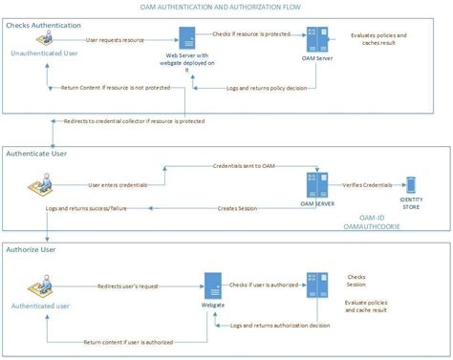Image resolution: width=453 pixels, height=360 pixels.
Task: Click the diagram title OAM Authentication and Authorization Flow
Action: coord(226,7)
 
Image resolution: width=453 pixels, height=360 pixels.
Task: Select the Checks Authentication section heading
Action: coord(44,25)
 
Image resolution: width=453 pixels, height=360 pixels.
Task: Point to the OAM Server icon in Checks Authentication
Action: coord(314,42)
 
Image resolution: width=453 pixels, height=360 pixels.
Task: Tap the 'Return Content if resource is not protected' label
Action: coord(122,92)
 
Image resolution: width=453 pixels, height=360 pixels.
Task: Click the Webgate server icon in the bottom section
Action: coord(212,286)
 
